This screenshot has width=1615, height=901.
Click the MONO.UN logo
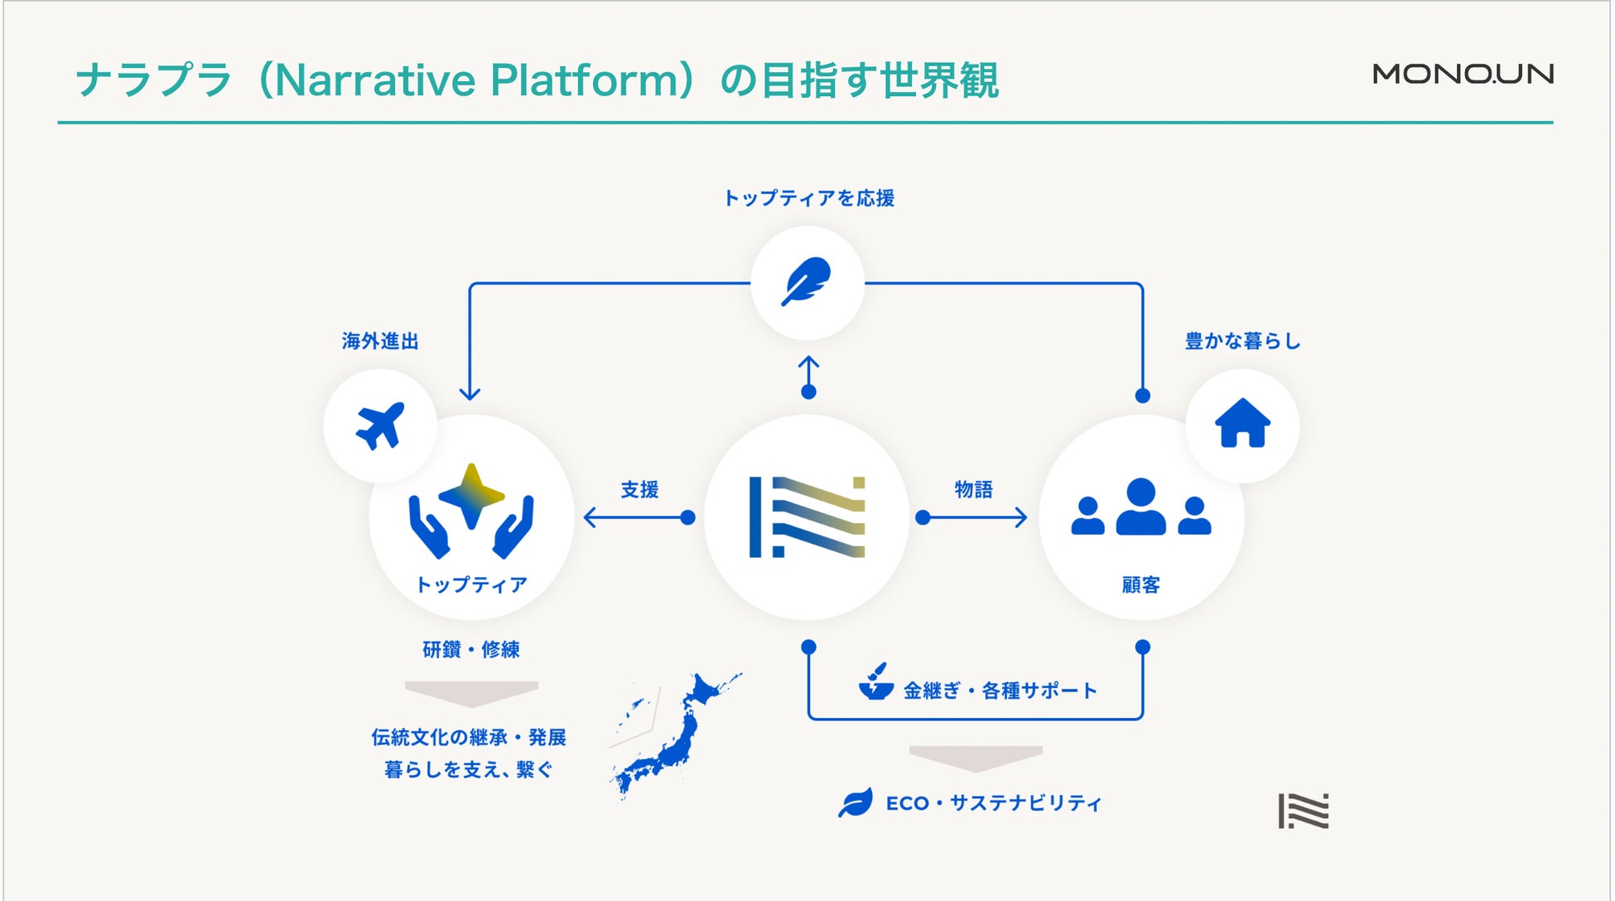click(x=1463, y=74)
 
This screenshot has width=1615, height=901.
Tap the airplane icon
click(x=380, y=425)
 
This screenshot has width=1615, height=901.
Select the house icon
click(x=1242, y=424)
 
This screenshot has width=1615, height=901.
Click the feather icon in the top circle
click(x=807, y=282)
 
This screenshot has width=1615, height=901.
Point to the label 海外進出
click(x=380, y=341)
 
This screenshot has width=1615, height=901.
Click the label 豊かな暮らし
click(x=1242, y=341)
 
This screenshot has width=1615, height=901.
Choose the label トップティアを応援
click(x=808, y=198)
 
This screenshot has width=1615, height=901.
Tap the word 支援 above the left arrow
click(x=639, y=490)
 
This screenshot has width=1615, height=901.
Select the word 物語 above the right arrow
click(x=973, y=490)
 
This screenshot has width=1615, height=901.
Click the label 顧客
click(x=1140, y=585)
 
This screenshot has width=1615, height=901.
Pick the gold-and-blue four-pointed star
click(x=471, y=495)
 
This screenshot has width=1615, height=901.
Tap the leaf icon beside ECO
click(x=855, y=802)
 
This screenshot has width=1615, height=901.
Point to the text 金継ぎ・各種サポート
click(x=1000, y=690)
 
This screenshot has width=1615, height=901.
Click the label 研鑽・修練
click(x=471, y=650)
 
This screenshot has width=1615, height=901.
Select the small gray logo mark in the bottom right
click(x=1303, y=811)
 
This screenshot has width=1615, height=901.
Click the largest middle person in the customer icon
click(x=1140, y=506)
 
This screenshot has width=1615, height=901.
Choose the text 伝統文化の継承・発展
click(x=469, y=737)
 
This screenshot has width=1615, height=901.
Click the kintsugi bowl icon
click(x=875, y=683)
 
